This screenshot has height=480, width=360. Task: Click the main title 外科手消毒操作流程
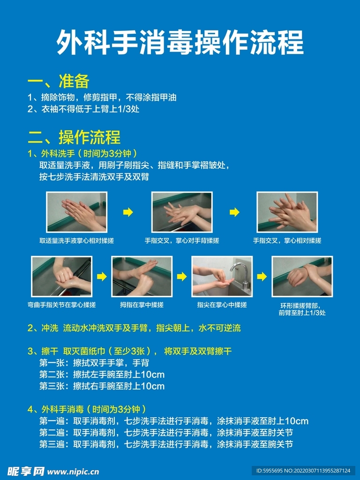[180, 43]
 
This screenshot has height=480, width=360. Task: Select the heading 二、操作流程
[74, 137]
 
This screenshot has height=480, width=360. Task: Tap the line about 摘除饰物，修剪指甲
[102, 97]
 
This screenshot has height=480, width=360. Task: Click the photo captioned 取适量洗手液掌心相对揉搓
[76, 212]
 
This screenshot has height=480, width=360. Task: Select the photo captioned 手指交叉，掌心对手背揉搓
[181, 212]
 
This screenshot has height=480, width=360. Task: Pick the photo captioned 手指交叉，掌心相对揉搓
[287, 212]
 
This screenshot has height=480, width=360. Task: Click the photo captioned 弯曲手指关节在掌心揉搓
[61, 276]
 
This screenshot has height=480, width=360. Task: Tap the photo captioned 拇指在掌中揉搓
[142, 276]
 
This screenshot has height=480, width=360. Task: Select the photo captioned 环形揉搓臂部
[302, 276]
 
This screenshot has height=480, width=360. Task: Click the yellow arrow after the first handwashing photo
[127, 213]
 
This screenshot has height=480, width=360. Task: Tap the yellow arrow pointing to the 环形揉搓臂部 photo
[262, 277]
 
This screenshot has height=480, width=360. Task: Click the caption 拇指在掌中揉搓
[142, 305]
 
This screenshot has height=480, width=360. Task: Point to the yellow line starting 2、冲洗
[134, 328]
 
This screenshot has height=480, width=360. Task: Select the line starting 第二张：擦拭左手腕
[102, 375]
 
